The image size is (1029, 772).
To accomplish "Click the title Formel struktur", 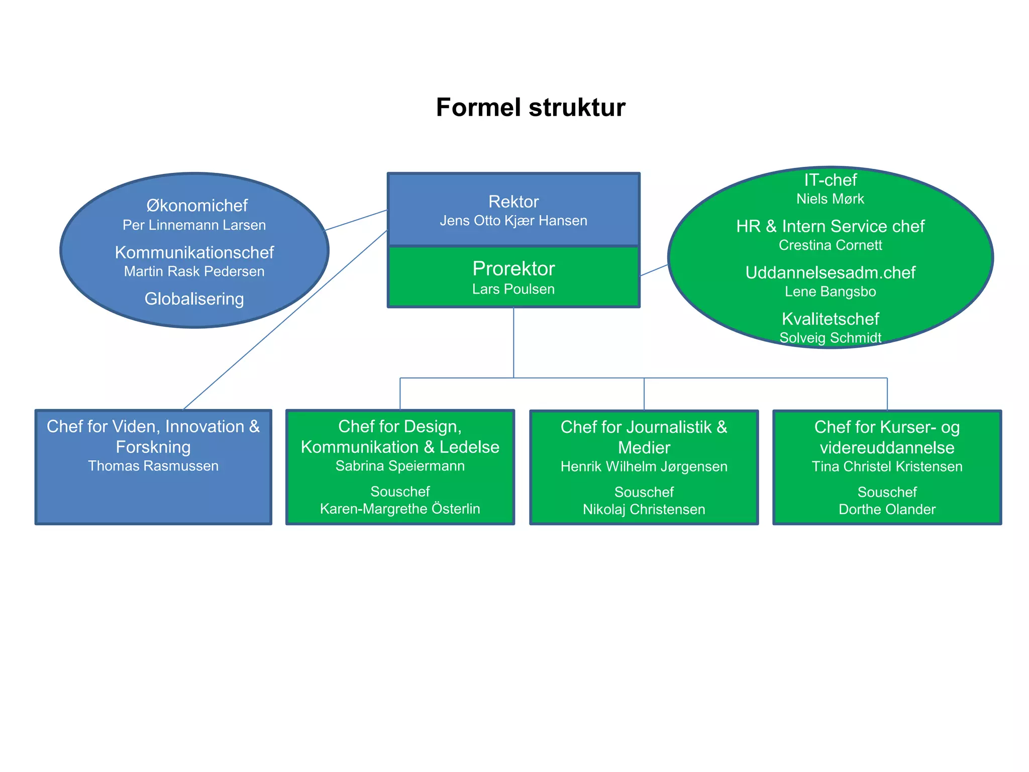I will pyautogui.click(x=530, y=108).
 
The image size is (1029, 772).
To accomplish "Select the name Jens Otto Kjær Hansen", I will pyautogui.click(x=513, y=221).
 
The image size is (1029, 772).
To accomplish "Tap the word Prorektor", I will pyautogui.click(x=513, y=269).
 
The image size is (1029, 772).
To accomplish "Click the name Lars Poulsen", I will pyautogui.click(x=513, y=289).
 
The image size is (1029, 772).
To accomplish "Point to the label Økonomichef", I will pyautogui.click(x=196, y=206).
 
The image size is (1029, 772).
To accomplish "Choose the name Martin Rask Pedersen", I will pyautogui.click(x=194, y=271).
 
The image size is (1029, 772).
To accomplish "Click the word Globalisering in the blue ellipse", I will pyautogui.click(x=194, y=299).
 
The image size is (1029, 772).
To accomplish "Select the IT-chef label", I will pyautogui.click(x=830, y=180).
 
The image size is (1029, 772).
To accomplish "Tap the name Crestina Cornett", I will pyautogui.click(x=830, y=245).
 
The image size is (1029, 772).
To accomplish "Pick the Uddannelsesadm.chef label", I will pyautogui.click(x=830, y=272).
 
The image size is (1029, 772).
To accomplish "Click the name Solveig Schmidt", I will pyautogui.click(x=830, y=338).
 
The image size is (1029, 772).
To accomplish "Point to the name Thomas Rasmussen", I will pyautogui.click(x=153, y=466).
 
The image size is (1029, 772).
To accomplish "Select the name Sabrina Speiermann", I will pyautogui.click(x=400, y=466).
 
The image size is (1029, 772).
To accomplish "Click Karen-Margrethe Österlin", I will pyautogui.click(x=400, y=509).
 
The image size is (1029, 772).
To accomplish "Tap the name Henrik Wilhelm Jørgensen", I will pyautogui.click(x=644, y=466).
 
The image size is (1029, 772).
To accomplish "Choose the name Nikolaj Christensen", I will pyautogui.click(x=644, y=510).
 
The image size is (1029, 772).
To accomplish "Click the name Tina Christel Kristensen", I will pyautogui.click(x=887, y=466).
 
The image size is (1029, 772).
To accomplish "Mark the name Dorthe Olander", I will pyautogui.click(x=887, y=510).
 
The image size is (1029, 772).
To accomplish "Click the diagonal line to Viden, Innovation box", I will pyautogui.click(x=285, y=320).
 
